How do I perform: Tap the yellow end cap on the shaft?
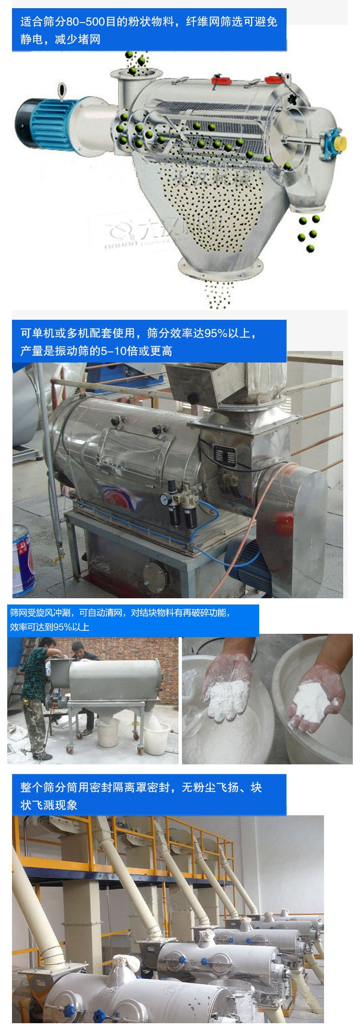[340, 142]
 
